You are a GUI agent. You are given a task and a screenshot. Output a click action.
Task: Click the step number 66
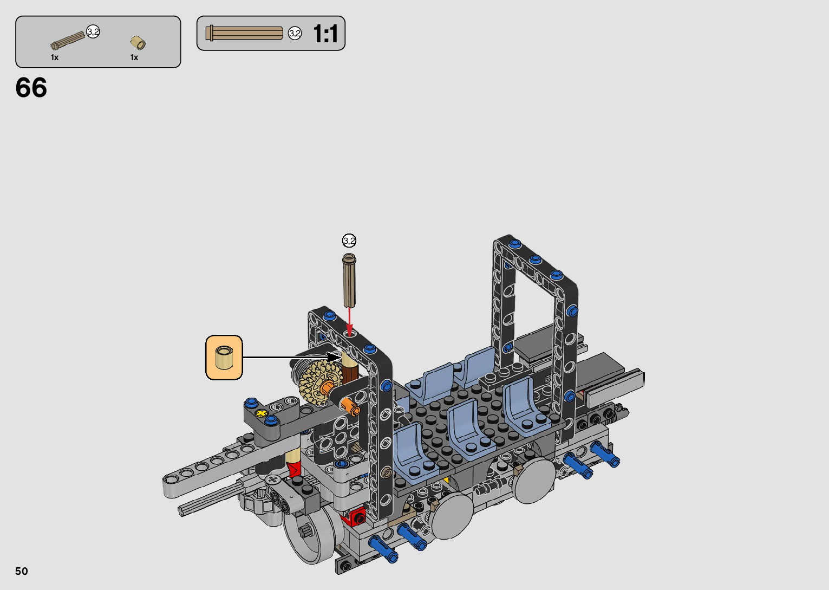(x=31, y=88)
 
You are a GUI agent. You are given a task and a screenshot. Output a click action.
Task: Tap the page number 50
(x=22, y=571)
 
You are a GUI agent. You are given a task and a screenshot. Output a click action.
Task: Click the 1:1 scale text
(x=325, y=34)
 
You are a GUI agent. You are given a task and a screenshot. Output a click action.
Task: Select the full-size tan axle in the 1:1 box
(x=244, y=33)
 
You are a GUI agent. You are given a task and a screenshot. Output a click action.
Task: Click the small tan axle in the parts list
(x=68, y=41)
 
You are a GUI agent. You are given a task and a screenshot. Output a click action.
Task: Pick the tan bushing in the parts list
(x=138, y=43)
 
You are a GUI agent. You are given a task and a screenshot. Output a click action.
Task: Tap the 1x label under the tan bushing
(x=134, y=57)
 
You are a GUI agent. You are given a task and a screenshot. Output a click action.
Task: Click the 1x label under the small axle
(x=55, y=57)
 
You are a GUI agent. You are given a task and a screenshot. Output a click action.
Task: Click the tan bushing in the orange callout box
(x=224, y=357)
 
